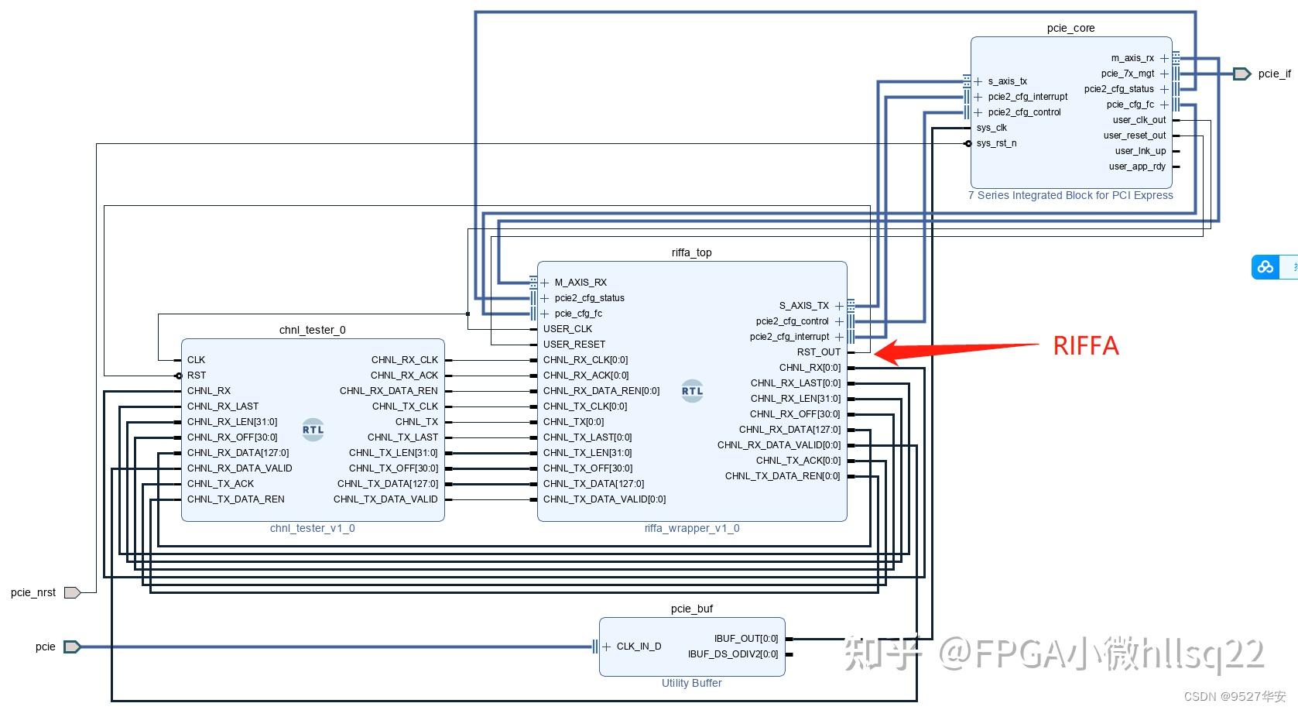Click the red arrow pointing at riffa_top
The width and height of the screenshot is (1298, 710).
(956, 350)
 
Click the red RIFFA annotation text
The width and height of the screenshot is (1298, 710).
(1085, 346)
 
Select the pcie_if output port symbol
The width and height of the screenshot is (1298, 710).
(1241, 74)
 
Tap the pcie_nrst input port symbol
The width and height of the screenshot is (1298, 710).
(72, 592)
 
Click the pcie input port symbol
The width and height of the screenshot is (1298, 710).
(72, 647)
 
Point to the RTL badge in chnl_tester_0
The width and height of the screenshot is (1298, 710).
(313, 430)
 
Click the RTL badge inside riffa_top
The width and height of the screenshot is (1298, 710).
(692, 391)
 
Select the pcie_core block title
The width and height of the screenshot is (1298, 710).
(1071, 28)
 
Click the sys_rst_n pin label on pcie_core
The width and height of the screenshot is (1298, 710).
(996, 143)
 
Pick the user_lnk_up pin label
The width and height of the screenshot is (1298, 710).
(1140, 151)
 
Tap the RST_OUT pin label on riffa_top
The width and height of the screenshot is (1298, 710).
(818, 352)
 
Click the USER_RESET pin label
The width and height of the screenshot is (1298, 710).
(574, 345)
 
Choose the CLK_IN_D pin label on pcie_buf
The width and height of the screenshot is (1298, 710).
(639, 647)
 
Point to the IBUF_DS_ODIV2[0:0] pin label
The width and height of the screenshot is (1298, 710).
(733, 653)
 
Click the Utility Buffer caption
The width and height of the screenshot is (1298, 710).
(691, 683)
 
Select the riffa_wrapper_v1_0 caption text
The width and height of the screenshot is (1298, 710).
(692, 528)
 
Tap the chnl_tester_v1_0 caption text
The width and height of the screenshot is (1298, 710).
(313, 528)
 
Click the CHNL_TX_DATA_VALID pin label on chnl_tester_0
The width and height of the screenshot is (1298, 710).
(385, 499)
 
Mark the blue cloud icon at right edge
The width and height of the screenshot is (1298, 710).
(1265, 267)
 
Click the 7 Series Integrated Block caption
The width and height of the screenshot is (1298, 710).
(1070, 195)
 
